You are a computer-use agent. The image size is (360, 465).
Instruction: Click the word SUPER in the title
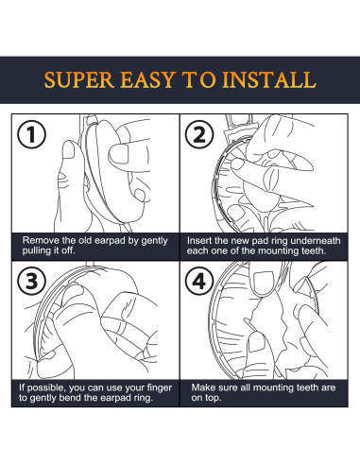(x=79, y=79)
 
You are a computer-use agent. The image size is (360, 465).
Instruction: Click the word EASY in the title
(x=147, y=79)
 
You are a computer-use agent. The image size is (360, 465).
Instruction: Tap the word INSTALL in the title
(x=269, y=79)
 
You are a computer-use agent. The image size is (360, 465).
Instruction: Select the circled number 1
(x=31, y=134)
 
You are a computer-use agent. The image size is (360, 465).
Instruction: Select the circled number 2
(x=199, y=134)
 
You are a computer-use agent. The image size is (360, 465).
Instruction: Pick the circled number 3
(x=31, y=281)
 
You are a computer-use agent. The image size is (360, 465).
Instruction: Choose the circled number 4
(x=199, y=281)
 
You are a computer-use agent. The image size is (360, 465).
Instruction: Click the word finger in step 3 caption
(x=160, y=388)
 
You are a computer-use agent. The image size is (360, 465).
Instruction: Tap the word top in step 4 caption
(x=214, y=398)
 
